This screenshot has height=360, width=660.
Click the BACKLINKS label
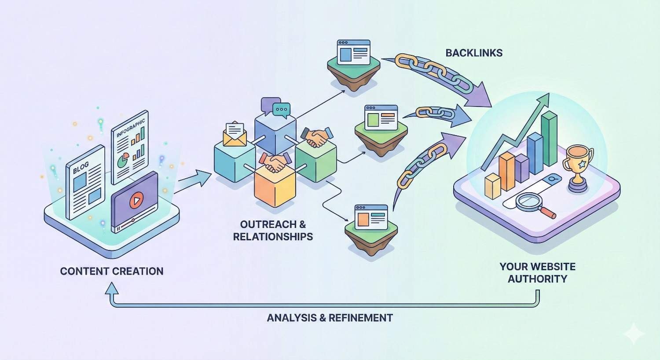[x=474, y=53]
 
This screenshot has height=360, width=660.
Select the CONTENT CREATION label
[x=112, y=271]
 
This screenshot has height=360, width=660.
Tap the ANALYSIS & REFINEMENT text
[x=330, y=317]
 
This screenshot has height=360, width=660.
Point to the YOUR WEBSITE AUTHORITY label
[x=537, y=272]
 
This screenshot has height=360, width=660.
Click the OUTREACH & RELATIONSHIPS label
[x=273, y=231]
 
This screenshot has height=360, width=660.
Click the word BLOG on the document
[x=81, y=167]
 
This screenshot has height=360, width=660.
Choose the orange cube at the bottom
[x=275, y=187]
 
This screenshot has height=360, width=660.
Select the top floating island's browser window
[x=353, y=51]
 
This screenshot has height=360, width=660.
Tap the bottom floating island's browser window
[x=371, y=217]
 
